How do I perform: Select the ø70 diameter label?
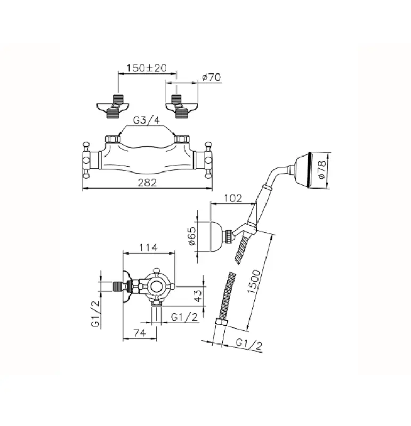click(x=212, y=78)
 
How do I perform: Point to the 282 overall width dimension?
click(x=147, y=183)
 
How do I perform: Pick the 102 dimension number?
click(x=233, y=198)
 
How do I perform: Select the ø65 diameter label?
click(x=193, y=235)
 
